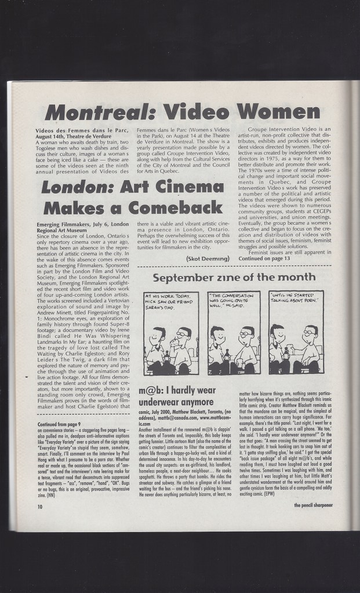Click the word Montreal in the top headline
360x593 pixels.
(99, 111)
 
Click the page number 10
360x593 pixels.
(39, 505)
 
